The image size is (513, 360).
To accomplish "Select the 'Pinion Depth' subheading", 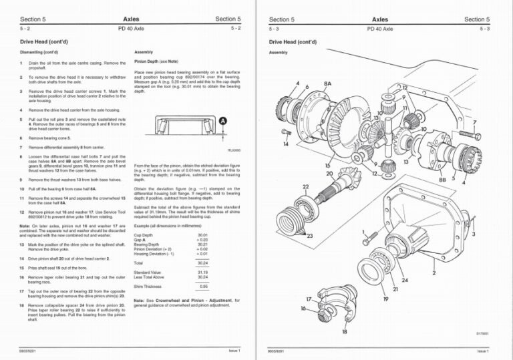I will tap(150, 61).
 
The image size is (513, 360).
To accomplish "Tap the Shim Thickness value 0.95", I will tap(203, 286).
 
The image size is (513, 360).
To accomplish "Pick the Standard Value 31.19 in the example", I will tap(203, 272).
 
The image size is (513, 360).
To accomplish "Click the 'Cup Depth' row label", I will tap(143, 235).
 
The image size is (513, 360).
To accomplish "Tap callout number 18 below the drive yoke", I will tap(345, 331).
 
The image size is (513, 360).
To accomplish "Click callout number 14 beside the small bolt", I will tap(286, 144).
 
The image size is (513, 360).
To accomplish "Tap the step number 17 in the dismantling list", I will tap(23, 291).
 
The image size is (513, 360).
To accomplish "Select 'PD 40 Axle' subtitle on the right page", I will tap(379, 29).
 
